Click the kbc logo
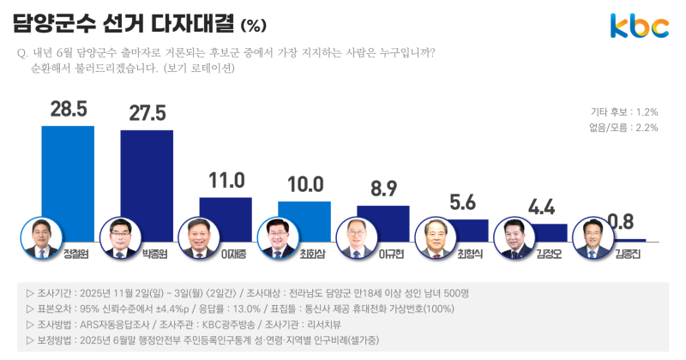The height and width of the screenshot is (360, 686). pyautogui.click(x=639, y=27)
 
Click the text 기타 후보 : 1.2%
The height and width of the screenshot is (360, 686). pyautogui.click(x=623, y=112)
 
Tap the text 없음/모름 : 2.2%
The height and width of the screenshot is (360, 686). pyautogui.click(x=623, y=128)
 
